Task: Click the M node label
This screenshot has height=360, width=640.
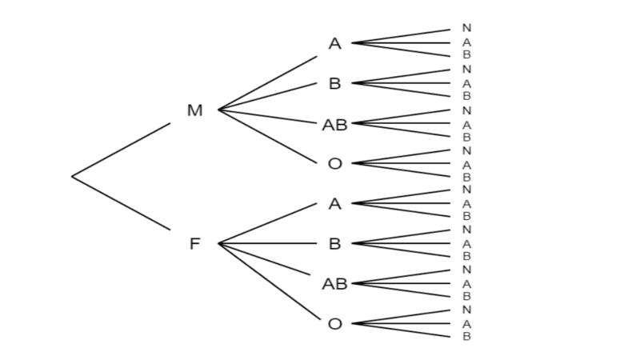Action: tap(195, 110)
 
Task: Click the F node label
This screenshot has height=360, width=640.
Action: tap(194, 243)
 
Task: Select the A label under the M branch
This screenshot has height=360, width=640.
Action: tap(335, 43)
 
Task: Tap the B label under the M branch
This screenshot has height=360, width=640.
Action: tap(335, 83)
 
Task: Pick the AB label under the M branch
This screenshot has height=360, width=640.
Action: tap(335, 124)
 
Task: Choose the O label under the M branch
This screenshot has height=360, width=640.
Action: tap(335, 163)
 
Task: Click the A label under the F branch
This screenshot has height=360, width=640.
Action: tap(335, 203)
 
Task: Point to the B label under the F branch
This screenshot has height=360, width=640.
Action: tap(335, 243)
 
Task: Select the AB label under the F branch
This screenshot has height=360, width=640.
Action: tap(335, 283)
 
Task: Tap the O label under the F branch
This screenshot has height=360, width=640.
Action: tap(335, 323)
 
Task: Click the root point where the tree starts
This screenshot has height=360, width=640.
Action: tap(73, 176)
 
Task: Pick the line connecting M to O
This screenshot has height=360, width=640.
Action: tap(268, 136)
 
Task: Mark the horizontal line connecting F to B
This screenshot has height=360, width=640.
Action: tap(268, 243)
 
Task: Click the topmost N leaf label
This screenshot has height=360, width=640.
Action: tap(466, 29)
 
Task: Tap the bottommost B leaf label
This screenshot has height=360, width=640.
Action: tap(466, 336)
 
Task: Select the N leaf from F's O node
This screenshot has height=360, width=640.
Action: tap(466, 310)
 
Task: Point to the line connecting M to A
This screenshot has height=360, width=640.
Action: tap(268, 82)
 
